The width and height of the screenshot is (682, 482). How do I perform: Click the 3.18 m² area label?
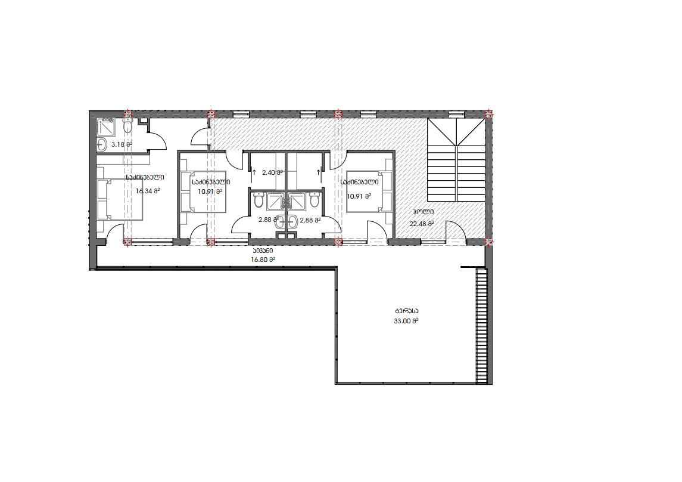pos(122,144)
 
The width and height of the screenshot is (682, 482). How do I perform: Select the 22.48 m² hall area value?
pos(422,224)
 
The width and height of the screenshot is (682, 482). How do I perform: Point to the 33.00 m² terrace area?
pos(406,321)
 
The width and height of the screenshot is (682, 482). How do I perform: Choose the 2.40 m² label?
pos(272,172)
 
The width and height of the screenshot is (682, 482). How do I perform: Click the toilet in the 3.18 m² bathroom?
pos(127,126)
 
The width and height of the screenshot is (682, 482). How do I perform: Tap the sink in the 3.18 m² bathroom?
pos(102,144)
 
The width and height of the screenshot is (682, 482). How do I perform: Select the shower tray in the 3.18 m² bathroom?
pos(106,125)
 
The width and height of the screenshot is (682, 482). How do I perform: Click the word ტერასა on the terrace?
pos(407,311)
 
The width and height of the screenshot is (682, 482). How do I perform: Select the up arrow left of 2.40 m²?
pos(254,172)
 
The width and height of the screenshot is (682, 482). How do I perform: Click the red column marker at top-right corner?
pos(488,114)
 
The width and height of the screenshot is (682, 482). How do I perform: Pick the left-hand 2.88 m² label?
pos(268,220)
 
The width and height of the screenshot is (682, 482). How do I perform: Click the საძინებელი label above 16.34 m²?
pos(145,178)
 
